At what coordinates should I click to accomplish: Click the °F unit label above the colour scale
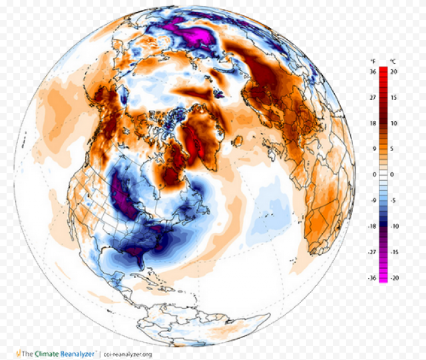pos(373,62)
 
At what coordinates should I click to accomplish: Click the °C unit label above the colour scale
pos(393,62)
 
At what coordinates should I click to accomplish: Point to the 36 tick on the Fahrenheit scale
pos(373,71)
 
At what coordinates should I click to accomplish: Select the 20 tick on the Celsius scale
pos(394,71)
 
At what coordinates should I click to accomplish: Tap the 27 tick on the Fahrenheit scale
pos(373,97)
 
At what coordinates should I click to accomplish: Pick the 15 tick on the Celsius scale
pos(394,97)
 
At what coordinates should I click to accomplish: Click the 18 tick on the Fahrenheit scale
pos(373,123)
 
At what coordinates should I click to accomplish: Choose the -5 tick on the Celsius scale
pos(394,200)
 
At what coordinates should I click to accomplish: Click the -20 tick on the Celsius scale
pos(394,278)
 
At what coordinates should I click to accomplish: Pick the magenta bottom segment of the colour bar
pos(383,277)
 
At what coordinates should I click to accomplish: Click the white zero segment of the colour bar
pos(383,174)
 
